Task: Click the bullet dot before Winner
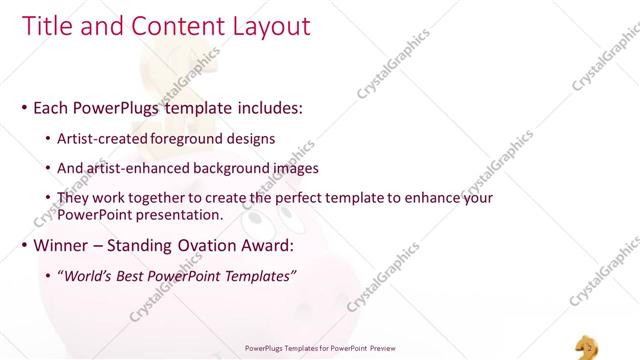click(x=24, y=246)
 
